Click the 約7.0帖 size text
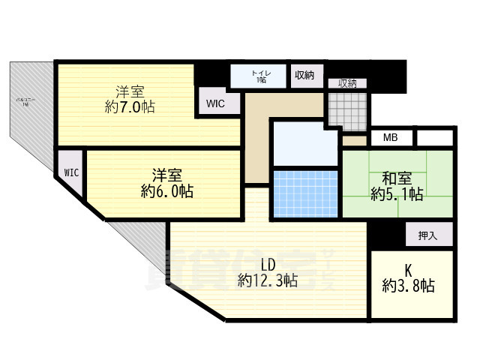tap(130, 107)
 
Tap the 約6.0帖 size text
tap(167, 191)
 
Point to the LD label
tap(268, 264)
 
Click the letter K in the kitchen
tap(409, 268)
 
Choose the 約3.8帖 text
tap(409, 286)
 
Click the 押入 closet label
tap(427, 235)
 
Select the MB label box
tap(390, 138)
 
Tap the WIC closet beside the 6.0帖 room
tap(71, 172)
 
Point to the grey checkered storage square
tap(348, 110)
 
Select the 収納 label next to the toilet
tap(304, 75)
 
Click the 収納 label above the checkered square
tap(347, 83)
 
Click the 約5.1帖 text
tap(397, 195)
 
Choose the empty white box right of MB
tap(435, 138)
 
